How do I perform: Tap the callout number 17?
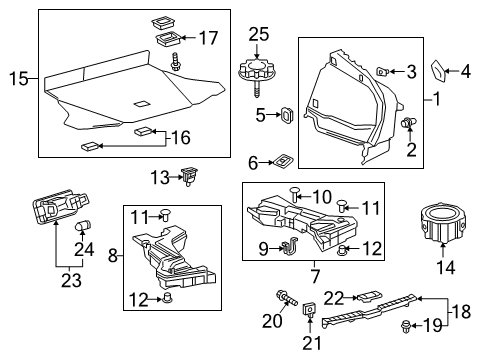[208, 39]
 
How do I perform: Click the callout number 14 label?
[440, 268]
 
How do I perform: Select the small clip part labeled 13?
[187, 177]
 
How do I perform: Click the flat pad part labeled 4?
[440, 71]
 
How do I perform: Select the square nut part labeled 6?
[284, 159]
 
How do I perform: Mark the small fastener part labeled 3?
[385, 70]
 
